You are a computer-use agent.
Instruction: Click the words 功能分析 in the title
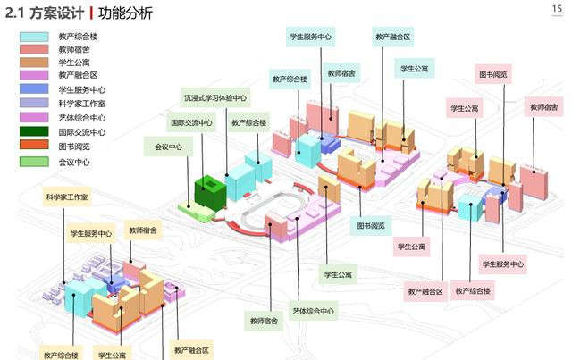[x=126, y=13]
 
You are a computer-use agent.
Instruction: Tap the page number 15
[x=555, y=8]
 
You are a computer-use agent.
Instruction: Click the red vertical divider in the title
[x=92, y=13]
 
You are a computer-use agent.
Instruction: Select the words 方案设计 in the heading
[x=59, y=13]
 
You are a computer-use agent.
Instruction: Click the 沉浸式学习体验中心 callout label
[x=215, y=97]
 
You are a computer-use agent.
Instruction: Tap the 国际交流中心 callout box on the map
[x=192, y=122]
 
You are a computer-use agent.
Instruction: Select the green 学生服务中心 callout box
[x=311, y=38]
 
